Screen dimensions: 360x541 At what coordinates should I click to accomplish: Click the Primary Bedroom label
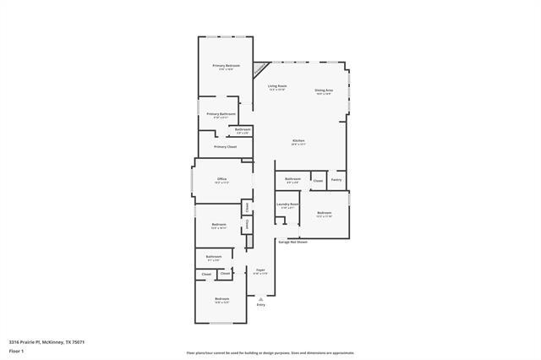[x=226, y=66]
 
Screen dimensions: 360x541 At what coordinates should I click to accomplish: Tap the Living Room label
[x=277, y=86]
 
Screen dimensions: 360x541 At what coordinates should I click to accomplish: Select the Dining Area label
[x=323, y=90]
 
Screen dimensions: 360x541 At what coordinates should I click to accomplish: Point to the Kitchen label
[x=298, y=140]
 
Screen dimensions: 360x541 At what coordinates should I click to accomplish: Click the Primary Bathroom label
[x=221, y=113]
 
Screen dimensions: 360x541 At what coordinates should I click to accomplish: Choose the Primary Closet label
[x=225, y=146]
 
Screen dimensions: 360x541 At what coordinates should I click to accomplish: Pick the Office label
[x=221, y=179]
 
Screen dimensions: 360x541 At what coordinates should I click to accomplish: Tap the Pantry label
[x=336, y=179]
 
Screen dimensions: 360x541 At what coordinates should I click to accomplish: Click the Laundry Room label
[x=287, y=204]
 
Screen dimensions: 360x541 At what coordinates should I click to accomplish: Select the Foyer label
[x=260, y=270]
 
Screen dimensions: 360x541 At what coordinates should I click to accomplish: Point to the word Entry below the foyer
[x=260, y=304]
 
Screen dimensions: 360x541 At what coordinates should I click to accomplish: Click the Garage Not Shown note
[x=293, y=242]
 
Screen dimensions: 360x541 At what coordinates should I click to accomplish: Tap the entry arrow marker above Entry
[x=260, y=297]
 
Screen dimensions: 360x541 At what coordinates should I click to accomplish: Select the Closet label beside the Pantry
[x=318, y=181]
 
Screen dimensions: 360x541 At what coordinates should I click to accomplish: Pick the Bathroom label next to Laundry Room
[x=292, y=179]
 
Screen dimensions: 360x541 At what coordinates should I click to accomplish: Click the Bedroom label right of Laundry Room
[x=325, y=212]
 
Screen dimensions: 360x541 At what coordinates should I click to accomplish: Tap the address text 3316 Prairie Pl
[x=46, y=341]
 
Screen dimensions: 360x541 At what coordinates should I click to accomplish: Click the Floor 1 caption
[x=16, y=350]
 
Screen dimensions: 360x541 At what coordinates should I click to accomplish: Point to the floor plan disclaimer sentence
[x=270, y=353]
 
